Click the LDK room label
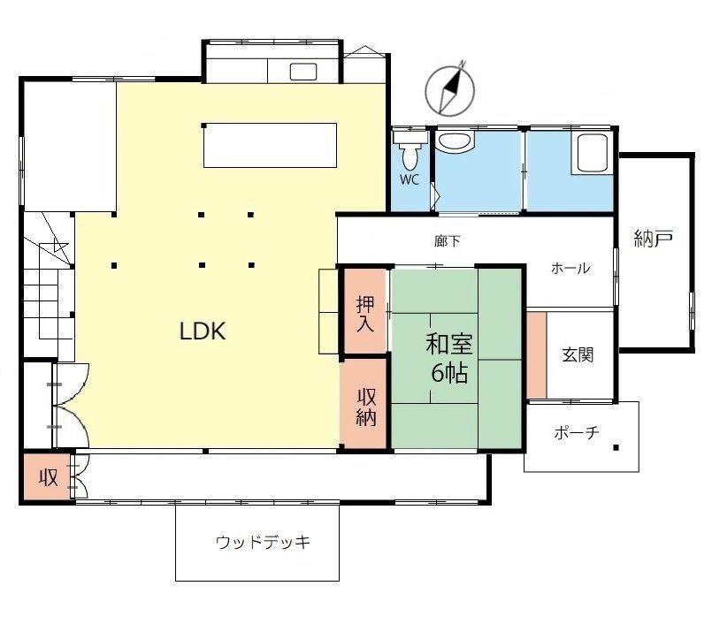click(x=203, y=331)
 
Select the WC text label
click(x=410, y=179)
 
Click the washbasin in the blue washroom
click(x=455, y=141)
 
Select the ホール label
click(x=570, y=268)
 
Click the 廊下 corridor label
click(x=448, y=241)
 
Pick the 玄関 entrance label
click(x=578, y=354)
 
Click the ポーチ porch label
click(x=577, y=432)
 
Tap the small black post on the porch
click(x=616, y=447)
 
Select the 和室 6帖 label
click(x=449, y=358)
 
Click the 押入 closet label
click(x=365, y=314)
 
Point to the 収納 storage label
click(x=366, y=407)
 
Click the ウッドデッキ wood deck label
click(x=264, y=542)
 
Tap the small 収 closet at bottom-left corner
click(x=48, y=477)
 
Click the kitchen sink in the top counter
click(x=302, y=72)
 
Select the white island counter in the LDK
click(x=270, y=145)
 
